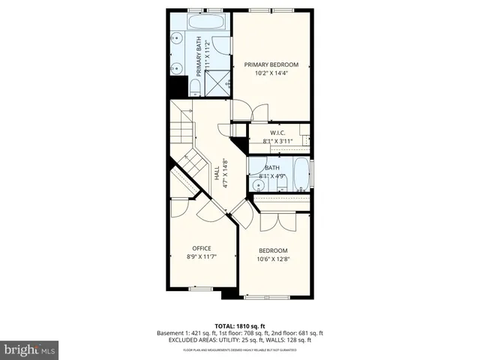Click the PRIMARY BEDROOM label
click(271, 64)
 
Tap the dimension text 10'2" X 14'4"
click(271, 73)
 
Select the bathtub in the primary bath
click(205, 22)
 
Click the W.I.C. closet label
click(277, 133)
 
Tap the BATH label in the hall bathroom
click(271, 168)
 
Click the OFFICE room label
click(201, 248)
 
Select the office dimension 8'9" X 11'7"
click(201, 257)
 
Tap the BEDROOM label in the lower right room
click(273, 250)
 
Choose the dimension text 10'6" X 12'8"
click(273, 259)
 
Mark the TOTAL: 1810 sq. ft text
click(240, 325)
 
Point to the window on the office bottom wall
click(201, 288)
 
